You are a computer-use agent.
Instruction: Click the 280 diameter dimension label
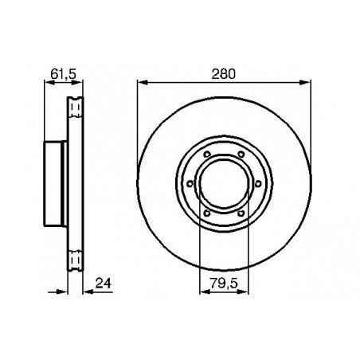pyautogui.click(x=223, y=74)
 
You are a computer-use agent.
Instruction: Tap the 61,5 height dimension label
pyautogui.click(x=63, y=74)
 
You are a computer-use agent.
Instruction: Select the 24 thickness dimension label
pyautogui.click(x=104, y=283)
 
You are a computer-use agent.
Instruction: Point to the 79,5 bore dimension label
pyautogui.click(x=223, y=283)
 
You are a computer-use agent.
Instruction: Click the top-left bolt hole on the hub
pyautogui.click(x=207, y=155)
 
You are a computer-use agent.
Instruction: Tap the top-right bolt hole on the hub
pyautogui.click(x=241, y=154)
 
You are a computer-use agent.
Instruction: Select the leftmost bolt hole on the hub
pyautogui.click(x=190, y=183)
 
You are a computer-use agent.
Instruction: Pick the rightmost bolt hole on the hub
pyautogui.click(x=258, y=183)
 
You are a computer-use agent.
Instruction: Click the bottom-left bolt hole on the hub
pyautogui.click(x=207, y=213)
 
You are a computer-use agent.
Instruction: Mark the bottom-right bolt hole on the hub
pyautogui.click(x=241, y=213)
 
